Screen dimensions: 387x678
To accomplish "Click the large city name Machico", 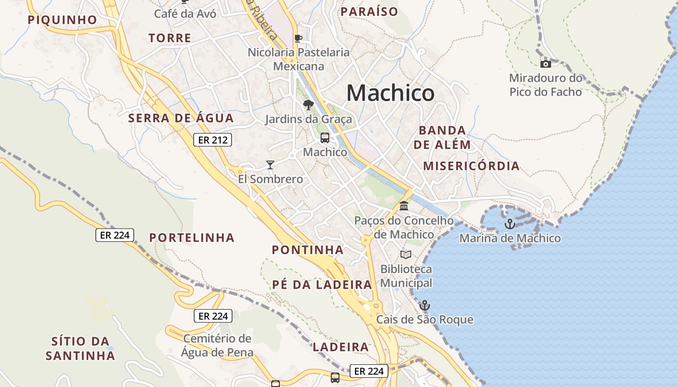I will click(x=390, y=93).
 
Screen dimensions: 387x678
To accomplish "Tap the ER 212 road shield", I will click(x=213, y=140).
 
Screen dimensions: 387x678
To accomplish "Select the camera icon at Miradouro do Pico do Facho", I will click(x=546, y=64).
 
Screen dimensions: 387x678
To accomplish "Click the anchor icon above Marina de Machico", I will click(x=509, y=224).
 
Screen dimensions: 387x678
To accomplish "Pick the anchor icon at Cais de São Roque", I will click(x=424, y=305).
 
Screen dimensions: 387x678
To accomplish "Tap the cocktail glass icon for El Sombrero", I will click(x=270, y=165).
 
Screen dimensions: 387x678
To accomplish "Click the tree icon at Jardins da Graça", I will click(x=308, y=104).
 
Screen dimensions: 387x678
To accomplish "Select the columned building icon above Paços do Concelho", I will click(x=404, y=206).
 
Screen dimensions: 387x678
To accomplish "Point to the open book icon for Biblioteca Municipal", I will click(x=406, y=254).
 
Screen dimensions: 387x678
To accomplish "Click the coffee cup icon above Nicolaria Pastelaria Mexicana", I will click(x=298, y=38).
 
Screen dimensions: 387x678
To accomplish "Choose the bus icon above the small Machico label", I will click(x=324, y=138).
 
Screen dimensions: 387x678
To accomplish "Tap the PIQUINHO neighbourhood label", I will click(x=62, y=20).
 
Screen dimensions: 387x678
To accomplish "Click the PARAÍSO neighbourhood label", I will click(x=369, y=12).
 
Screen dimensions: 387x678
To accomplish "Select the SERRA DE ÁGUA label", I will click(x=181, y=118).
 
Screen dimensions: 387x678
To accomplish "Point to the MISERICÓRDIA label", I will click(x=471, y=166).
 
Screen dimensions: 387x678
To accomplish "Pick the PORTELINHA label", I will click(x=192, y=238).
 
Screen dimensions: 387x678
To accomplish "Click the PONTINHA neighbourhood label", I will click(x=308, y=250).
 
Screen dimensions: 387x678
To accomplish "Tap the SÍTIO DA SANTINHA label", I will click(x=80, y=348).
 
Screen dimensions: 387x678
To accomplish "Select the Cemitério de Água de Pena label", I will click(x=217, y=345).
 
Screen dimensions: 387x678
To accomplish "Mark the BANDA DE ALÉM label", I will click(x=442, y=137).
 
